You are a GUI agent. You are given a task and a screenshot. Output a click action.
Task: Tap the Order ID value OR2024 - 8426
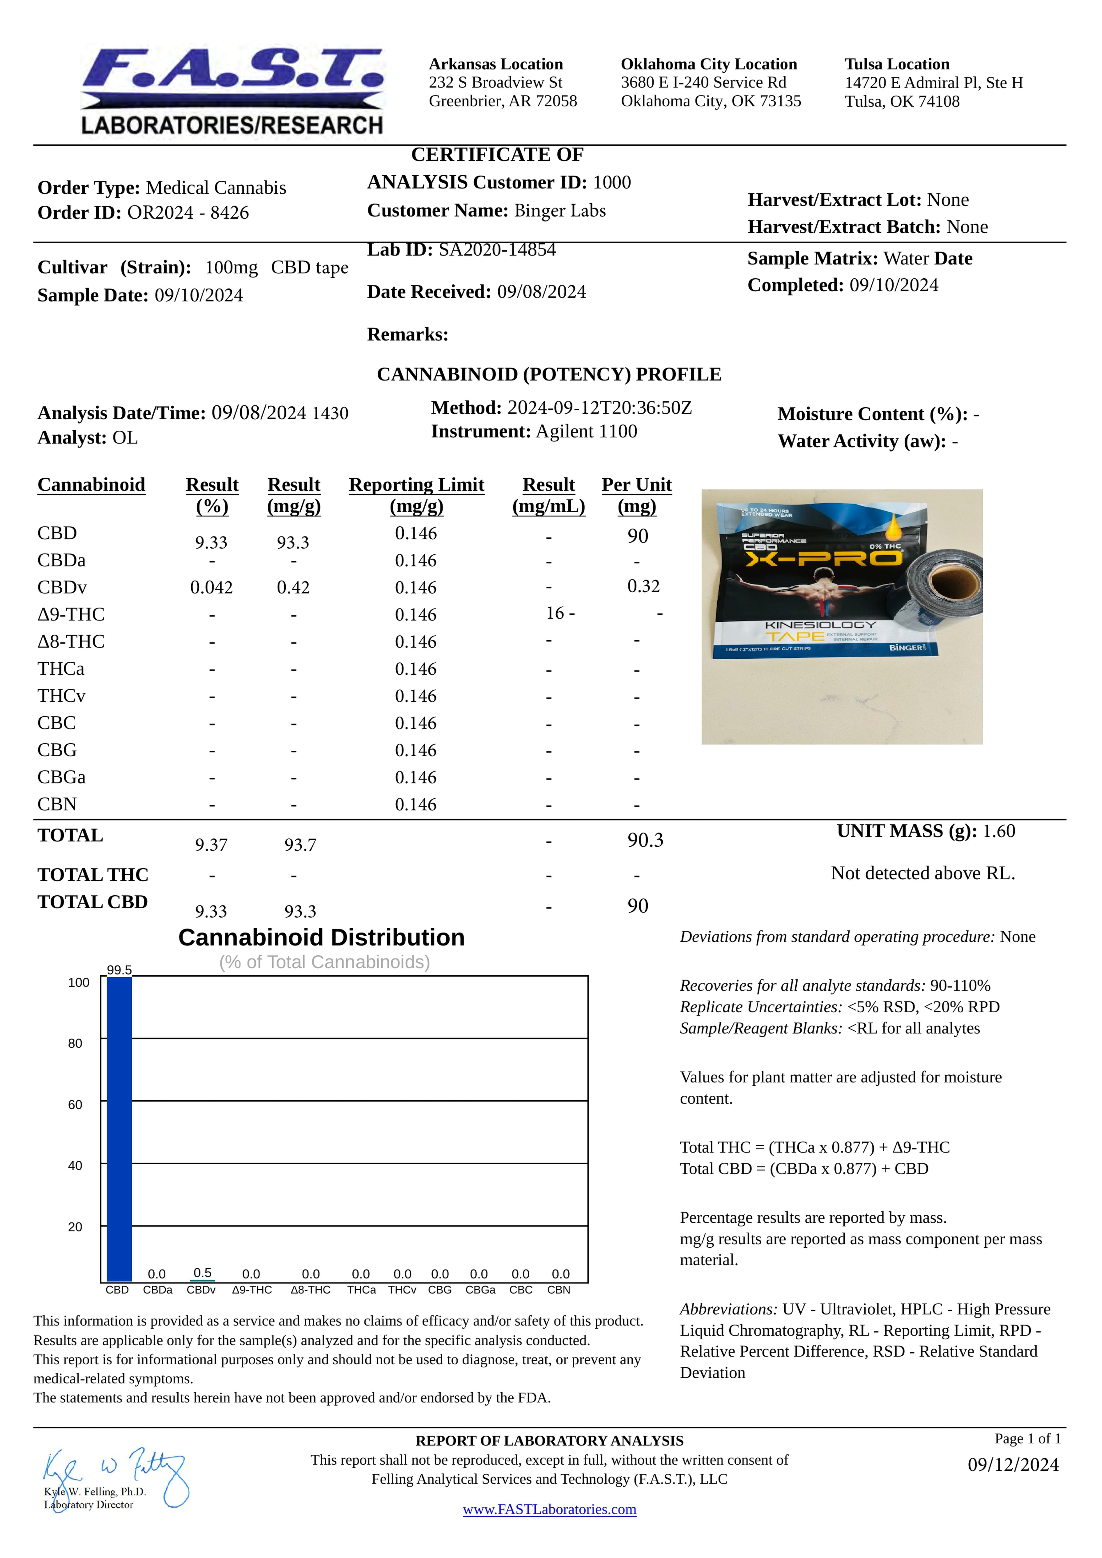(188, 213)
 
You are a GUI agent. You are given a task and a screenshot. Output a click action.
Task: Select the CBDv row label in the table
(62, 588)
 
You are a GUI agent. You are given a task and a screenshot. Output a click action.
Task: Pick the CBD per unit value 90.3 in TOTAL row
(645, 841)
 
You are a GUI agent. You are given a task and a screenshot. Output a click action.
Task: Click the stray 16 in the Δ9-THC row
(555, 613)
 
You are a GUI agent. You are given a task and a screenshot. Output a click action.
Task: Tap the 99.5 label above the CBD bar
(120, 970)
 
